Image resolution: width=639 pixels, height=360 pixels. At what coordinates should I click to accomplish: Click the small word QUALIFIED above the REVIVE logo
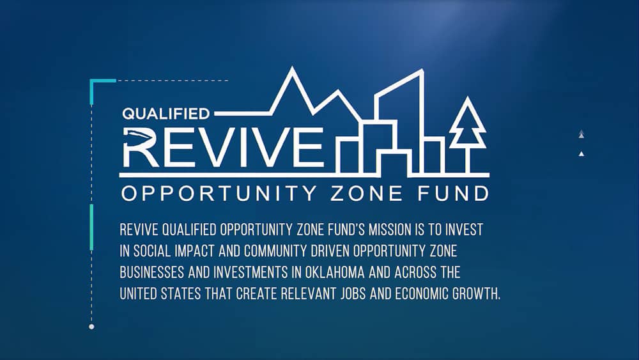166,114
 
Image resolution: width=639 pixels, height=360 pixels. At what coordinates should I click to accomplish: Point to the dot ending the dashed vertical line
91,327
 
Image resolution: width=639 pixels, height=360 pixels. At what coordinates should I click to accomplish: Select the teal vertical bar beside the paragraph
92,227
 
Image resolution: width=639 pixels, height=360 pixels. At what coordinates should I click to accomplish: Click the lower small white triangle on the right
581,154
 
